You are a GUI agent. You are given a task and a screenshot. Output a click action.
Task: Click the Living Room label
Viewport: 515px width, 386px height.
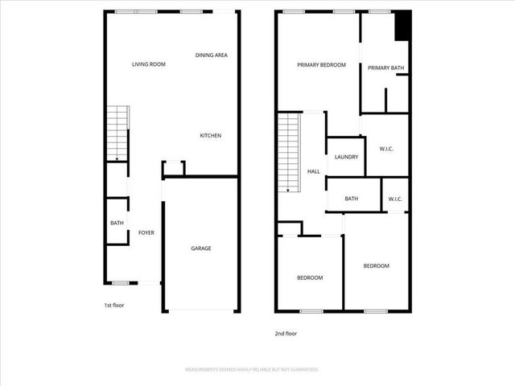149,64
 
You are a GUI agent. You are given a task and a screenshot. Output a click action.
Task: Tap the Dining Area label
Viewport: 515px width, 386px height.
212,55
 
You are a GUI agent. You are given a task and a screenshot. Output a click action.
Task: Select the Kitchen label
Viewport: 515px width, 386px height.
210,135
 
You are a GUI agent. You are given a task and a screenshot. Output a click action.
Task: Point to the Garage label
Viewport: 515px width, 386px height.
200,248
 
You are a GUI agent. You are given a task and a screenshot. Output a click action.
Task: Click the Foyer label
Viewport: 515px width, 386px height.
146,232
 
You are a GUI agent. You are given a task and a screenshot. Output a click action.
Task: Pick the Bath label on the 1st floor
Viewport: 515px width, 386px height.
117,224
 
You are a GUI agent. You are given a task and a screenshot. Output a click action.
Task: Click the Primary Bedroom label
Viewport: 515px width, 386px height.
321,65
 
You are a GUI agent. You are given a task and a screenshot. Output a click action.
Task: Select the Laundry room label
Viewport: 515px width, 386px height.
346,157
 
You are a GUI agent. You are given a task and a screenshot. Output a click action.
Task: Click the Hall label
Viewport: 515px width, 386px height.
314,171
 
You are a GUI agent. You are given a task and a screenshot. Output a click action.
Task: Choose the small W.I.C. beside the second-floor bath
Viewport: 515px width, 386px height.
395,199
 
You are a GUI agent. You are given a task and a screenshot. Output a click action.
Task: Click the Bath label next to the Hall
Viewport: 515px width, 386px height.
352,199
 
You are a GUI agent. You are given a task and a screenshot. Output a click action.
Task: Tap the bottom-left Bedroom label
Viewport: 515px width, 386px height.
310,277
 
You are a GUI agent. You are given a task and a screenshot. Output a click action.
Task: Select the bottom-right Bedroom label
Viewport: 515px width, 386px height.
376,266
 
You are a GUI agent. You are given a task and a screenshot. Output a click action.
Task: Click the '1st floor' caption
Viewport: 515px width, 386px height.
114,306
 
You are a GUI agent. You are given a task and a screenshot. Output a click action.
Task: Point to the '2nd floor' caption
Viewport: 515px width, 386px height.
286,333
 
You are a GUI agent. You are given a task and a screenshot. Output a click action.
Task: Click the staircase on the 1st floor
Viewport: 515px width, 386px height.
117,133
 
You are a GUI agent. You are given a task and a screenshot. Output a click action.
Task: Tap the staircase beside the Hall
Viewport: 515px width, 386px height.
288,153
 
